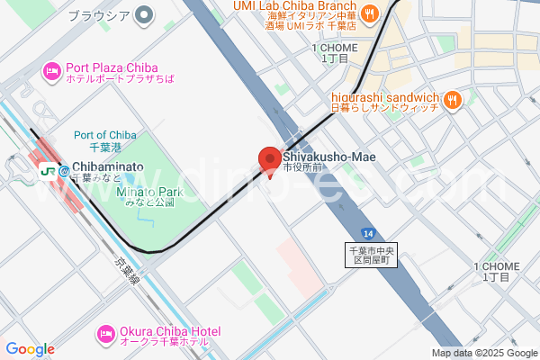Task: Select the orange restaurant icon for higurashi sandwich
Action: [x=453, y=100]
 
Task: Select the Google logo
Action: [x=30, y=349]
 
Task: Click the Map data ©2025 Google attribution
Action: [x=483, y=353]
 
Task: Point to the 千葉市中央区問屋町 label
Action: [x=372, y=255]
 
